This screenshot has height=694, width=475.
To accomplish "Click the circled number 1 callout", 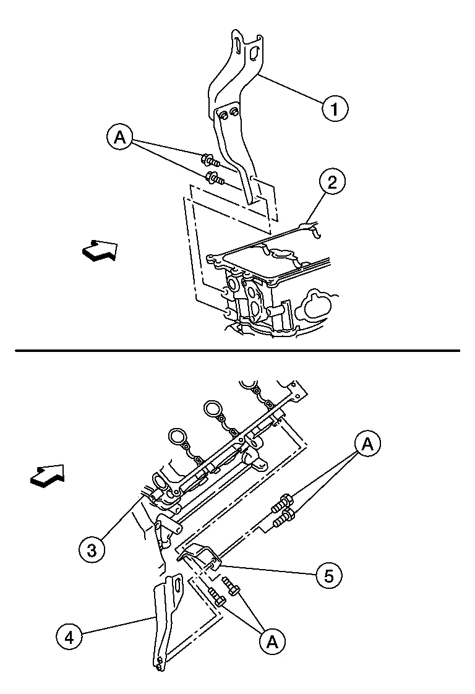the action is point(334,108).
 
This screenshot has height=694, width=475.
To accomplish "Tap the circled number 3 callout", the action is point(92,550).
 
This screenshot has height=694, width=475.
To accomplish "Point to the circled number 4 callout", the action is point(69,637).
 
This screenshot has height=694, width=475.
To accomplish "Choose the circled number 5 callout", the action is point(329,576).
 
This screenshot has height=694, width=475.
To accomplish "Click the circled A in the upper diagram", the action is point(119,137).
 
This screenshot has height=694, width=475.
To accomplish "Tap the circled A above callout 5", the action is point(367,443).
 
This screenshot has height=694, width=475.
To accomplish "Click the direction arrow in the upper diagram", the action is point(100,251).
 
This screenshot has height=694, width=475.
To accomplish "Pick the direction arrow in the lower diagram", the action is point(48,476).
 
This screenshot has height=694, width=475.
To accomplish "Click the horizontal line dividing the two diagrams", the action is point(237,351).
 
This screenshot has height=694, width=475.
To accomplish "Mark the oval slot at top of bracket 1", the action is point(237,45).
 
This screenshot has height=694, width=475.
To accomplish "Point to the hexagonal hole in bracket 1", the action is point(254,53).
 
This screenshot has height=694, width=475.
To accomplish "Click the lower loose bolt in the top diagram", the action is point(215,178).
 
